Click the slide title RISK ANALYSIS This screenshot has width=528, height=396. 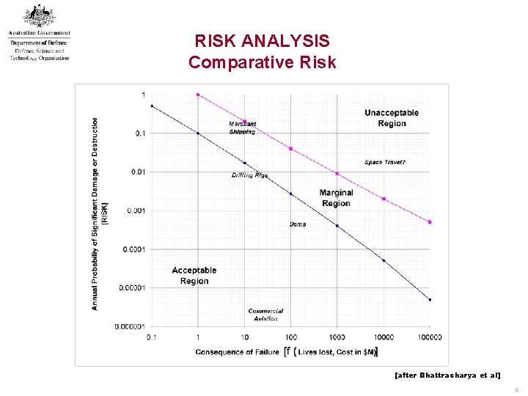pyautogui.click(x=262, y=41)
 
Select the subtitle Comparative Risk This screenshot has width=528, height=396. pyautogui.click(x=262, y=62)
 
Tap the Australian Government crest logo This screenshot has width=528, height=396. pyautogui.click(x=39, y=16)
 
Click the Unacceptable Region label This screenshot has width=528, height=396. pyautogui.click(x=392, y=118)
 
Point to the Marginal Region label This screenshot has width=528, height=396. pyautogui.click(x=336, y=198)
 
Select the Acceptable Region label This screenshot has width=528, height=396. pyautogui.click(x=194, y=276)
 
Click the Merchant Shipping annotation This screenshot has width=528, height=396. pyautogui.click(x=243, y=128)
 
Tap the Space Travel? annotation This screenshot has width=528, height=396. pyautogui.click(x=385, y=162)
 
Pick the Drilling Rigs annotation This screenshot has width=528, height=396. pyautogui.click(x=250, y=175)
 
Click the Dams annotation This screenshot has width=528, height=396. pyautogui.click(x=298, y=224)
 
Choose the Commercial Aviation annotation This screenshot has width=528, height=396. pyautogui.click(x=265, y=315)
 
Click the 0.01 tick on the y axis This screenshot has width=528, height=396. pyautogui.click(x=137, y=172)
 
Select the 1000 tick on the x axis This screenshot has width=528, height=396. pyautogui.click(x=337, y=337)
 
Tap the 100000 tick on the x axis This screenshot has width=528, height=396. pyautogui.click(x=429, y=337)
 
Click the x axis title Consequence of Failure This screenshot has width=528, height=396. pyautogui.click(x=237, y=352)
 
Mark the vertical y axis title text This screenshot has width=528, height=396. pyautogui.click(x=98, y=213)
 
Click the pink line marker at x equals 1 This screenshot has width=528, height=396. pyautogui.click(x=198, y=95)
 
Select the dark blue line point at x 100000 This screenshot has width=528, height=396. pyautogui.click(x=430, y=299)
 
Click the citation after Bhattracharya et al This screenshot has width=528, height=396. pyautogui.click(x=447, y=375)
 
